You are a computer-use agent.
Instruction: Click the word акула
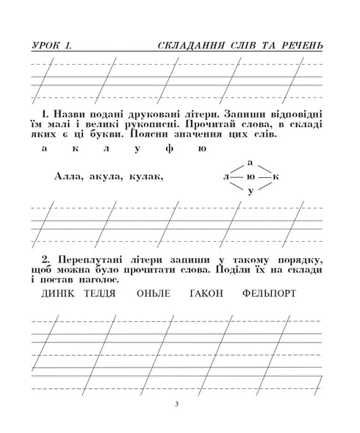point(108,176)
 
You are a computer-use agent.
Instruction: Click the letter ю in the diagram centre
point(251,177)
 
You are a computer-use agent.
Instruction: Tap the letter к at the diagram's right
point(276,177)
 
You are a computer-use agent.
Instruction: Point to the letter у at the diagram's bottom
point(251,191)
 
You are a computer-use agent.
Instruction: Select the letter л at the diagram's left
point(225,177)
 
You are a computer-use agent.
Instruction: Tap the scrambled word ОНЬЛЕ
point(154,294)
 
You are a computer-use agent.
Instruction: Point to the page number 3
point(178,404)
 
